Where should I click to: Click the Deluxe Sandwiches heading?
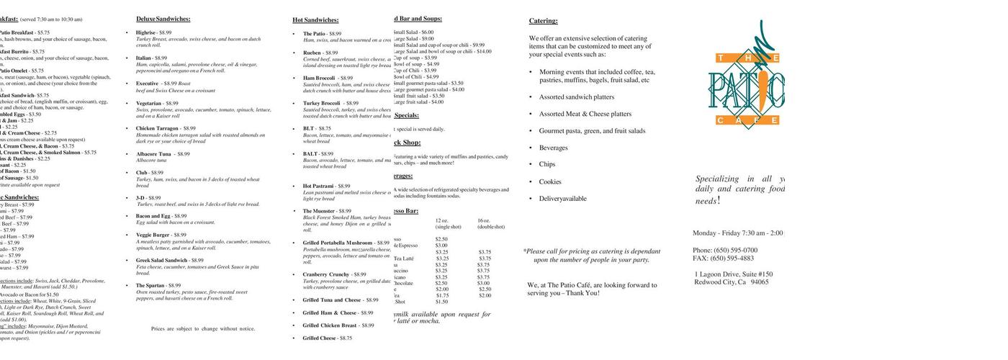pyautogui.click(x=163, y=19)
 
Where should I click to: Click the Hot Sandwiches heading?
pyautogui.click(x=315, y=20)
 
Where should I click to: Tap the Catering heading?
pyautogui.click(x=543, y=21)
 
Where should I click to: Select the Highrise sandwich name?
pyautogui.click(x=145, y=33)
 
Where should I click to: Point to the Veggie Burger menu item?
pyautogui.click(x=152, y=235)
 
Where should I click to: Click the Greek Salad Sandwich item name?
pyautogui.click(x=161, y=260)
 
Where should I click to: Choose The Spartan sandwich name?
pyautogui.click(x=150, y=285)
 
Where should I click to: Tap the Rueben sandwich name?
pyautogui.click(x=311, y=53)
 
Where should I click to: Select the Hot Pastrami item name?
pyautogui.click(x=316, y=186)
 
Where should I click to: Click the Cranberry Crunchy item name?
pyautogui.click(x=325, y=274)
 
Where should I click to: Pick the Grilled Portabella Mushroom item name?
pyautogui.click(x=337, y=243)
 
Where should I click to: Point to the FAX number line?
pyautogui.click(x=723, y=258)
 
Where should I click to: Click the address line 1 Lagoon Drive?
pyautogui.click(x=734, y=274)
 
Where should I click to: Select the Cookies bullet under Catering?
pyautogui.click(x=550, y=181)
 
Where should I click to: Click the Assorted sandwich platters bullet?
pyautogui.click(x=577, y=96)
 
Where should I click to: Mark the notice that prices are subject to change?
pyautogui.click(x=203, y=328)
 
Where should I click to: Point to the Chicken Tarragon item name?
pyautogui.click(x=157, y=128)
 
